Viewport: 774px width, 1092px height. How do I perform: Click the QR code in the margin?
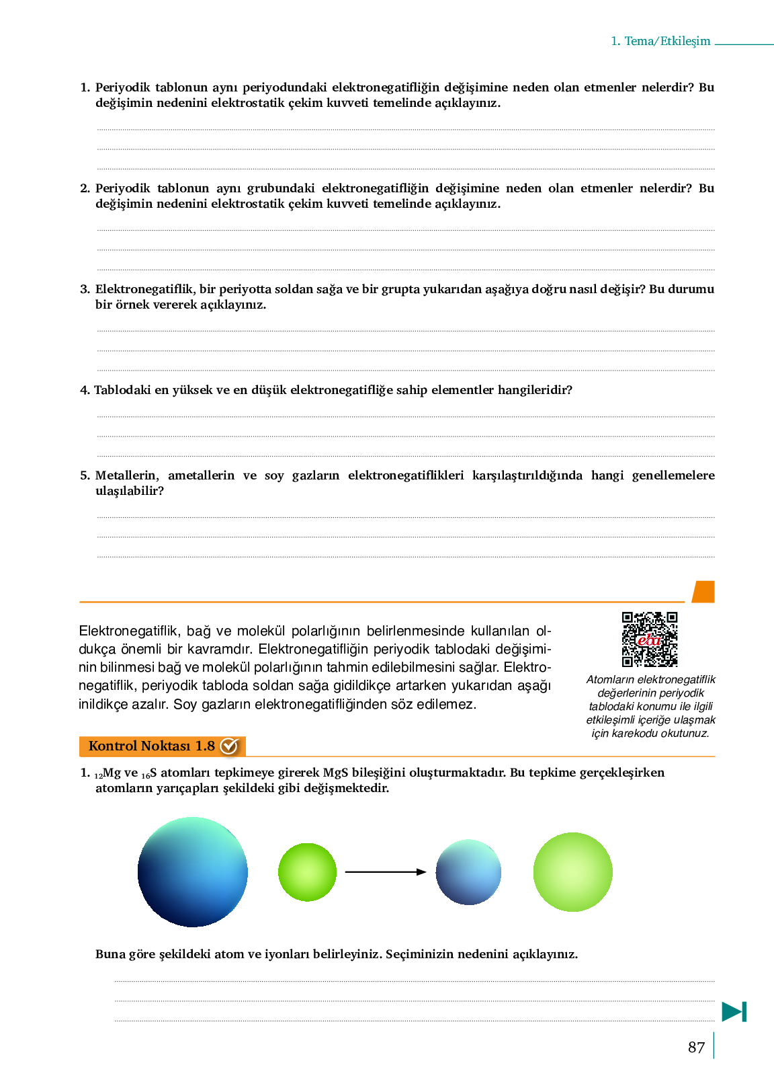click(649, 639)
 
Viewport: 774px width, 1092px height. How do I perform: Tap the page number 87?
click(696, 1048)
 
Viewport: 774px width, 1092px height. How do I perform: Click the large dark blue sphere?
click(193, 872)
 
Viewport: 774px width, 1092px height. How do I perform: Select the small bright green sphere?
click(307, 872)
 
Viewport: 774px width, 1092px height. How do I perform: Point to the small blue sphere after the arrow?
click(468, 872)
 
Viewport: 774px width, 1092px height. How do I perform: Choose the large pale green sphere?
click(572, 872)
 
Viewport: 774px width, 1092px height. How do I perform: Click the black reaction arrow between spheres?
click(385, 872)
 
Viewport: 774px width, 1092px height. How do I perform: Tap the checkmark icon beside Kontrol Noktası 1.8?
click(229, 746)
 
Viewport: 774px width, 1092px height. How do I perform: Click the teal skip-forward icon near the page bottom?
click(734, 1011)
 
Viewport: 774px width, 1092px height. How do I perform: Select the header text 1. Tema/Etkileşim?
click(660, 41)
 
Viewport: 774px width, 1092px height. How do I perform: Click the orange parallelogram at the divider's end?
click(703, 592)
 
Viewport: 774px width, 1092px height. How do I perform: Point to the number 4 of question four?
click(84, 390)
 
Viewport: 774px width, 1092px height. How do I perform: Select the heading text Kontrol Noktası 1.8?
click(151, 746)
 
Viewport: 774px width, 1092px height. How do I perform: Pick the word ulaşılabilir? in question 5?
click(130, 491)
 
